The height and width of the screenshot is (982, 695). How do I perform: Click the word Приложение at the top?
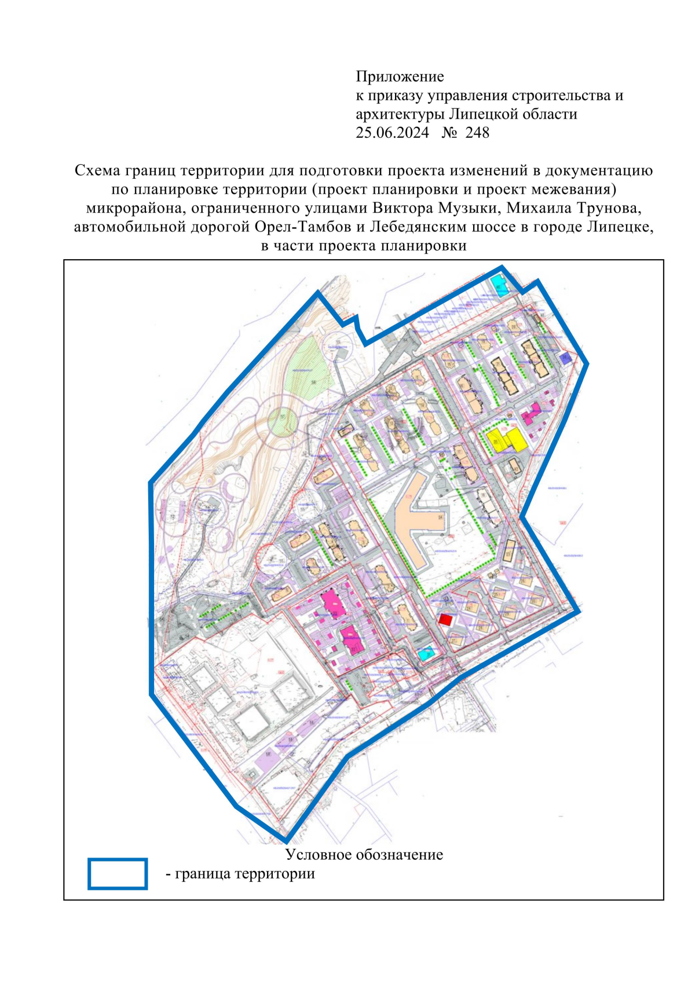[400, 76]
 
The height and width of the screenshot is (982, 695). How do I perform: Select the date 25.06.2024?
[392, 133]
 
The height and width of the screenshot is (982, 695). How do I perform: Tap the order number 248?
[477, 133]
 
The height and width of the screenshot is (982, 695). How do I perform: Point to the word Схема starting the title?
[97, 170]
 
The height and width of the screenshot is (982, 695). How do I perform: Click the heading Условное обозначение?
[364, 855]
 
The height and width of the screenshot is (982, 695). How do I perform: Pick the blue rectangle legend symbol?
[118, 873]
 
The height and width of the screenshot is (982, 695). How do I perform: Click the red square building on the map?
[445, 620]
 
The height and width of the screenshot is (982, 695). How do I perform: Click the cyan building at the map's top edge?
[498, 286]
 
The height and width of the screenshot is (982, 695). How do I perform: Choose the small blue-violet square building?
[566, 358]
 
